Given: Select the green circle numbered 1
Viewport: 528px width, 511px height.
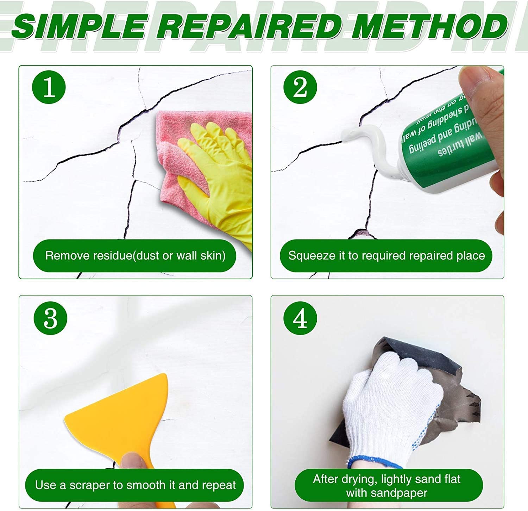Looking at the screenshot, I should click(x=49, y=87).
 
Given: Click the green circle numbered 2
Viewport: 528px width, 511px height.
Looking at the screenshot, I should click(x=300, y=87).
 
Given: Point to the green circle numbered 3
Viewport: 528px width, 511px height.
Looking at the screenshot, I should click(x=50, y=318).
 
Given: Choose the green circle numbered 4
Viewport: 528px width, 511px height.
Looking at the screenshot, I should click(x=300, y=318).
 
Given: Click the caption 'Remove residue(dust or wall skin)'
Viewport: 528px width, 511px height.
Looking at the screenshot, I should click(x=135, y=255).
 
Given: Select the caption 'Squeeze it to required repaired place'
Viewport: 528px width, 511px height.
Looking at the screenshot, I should click(x=386, y=255).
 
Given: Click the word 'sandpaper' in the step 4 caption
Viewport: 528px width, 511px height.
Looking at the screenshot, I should click(x=386, y=493).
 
